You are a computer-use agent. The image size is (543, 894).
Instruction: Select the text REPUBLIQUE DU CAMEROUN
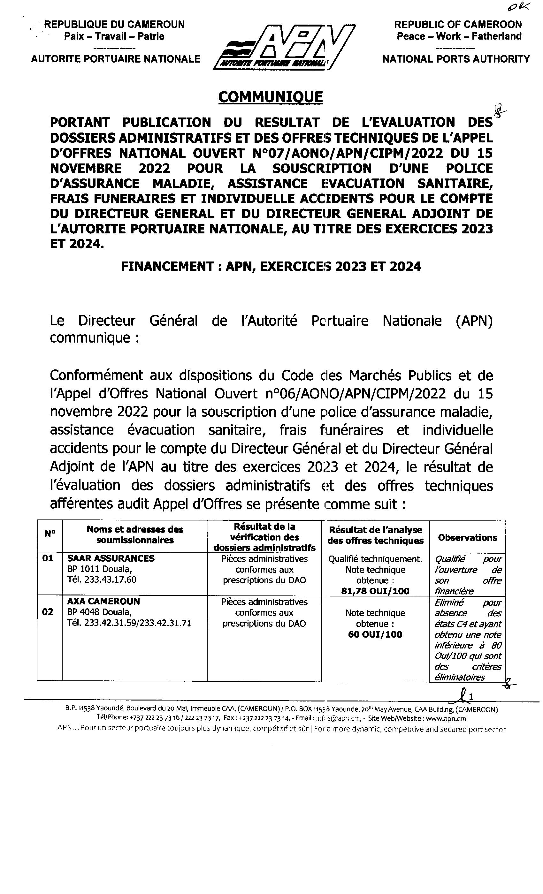click(114, 25)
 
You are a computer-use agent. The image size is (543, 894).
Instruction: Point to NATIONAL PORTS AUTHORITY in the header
click(456, 59)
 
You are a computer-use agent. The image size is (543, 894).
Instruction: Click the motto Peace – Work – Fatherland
click(459, 36)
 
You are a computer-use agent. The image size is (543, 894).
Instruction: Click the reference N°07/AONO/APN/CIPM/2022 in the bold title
click(348, 153)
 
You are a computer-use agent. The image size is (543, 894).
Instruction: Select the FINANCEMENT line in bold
click(271, 267)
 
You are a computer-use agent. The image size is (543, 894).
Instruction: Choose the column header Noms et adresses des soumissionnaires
click(135, 534)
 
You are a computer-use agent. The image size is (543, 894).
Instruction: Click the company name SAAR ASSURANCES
click(111, 558)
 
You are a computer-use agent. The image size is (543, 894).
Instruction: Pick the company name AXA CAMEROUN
click(103, 601)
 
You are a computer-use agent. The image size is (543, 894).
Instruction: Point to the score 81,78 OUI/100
click(375, 591)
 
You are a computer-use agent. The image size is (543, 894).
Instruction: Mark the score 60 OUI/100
click(375, 634)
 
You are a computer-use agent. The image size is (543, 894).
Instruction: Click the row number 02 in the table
click(48, 612)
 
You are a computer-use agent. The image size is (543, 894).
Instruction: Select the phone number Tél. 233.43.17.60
click(102, 580)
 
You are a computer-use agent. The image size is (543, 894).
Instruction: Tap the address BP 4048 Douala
click(99, 612)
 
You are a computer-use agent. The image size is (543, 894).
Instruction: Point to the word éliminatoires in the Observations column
click(459, 677)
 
